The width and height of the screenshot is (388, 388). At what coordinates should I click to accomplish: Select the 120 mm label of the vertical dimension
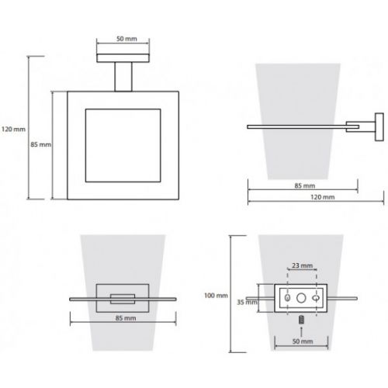click(x=13, y=129)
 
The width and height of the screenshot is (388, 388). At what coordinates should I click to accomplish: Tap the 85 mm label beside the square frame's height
click(x=40, y=144)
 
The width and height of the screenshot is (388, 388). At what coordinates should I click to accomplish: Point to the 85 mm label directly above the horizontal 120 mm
click(x=305, y=185)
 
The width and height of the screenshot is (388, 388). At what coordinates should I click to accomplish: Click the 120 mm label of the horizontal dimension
click(x=322, y=197)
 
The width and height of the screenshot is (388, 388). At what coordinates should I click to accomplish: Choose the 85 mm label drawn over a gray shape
click(x=126, y=318)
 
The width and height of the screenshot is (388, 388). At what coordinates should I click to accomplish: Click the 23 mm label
click(x=302, y=265)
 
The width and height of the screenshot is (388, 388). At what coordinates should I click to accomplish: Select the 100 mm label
click(x=216, y=296)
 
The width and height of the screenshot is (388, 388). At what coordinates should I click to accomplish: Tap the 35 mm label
click(x=248, y=302)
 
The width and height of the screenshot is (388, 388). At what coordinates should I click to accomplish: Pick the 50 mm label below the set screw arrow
click(x=303, y=341)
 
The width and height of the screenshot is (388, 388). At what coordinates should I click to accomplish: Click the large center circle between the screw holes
click(x=301, y=298)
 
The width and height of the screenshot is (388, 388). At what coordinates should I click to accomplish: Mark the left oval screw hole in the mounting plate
click(x=287, y=298)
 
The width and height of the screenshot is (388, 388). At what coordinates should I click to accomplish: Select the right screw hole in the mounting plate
click(x=316, y=298)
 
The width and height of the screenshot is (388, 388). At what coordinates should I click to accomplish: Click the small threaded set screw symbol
click(x=301, y=320)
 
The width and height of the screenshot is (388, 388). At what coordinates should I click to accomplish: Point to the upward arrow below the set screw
click(x=301, y=331)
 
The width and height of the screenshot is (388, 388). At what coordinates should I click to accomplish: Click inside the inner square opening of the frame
click(x=123, y=146)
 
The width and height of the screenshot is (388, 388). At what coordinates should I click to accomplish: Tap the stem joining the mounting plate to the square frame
click(x=123, y=77)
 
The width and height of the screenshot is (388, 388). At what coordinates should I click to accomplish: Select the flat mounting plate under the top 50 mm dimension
click(x=123, y=58)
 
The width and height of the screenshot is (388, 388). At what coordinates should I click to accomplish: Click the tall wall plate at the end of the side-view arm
click(x=379, y=127)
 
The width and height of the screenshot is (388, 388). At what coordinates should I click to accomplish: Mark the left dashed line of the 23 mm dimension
click(x=287, y=292)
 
